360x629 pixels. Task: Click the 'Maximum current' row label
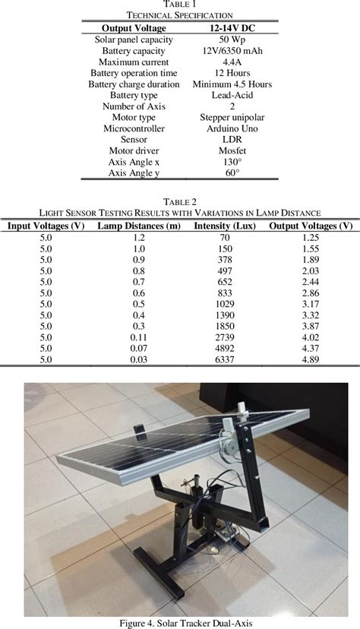pos(134,62)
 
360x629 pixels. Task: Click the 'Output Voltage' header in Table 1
pos(134,27)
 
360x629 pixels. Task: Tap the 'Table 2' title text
pos(179,201)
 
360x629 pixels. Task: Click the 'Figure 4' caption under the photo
pos(179,623)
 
